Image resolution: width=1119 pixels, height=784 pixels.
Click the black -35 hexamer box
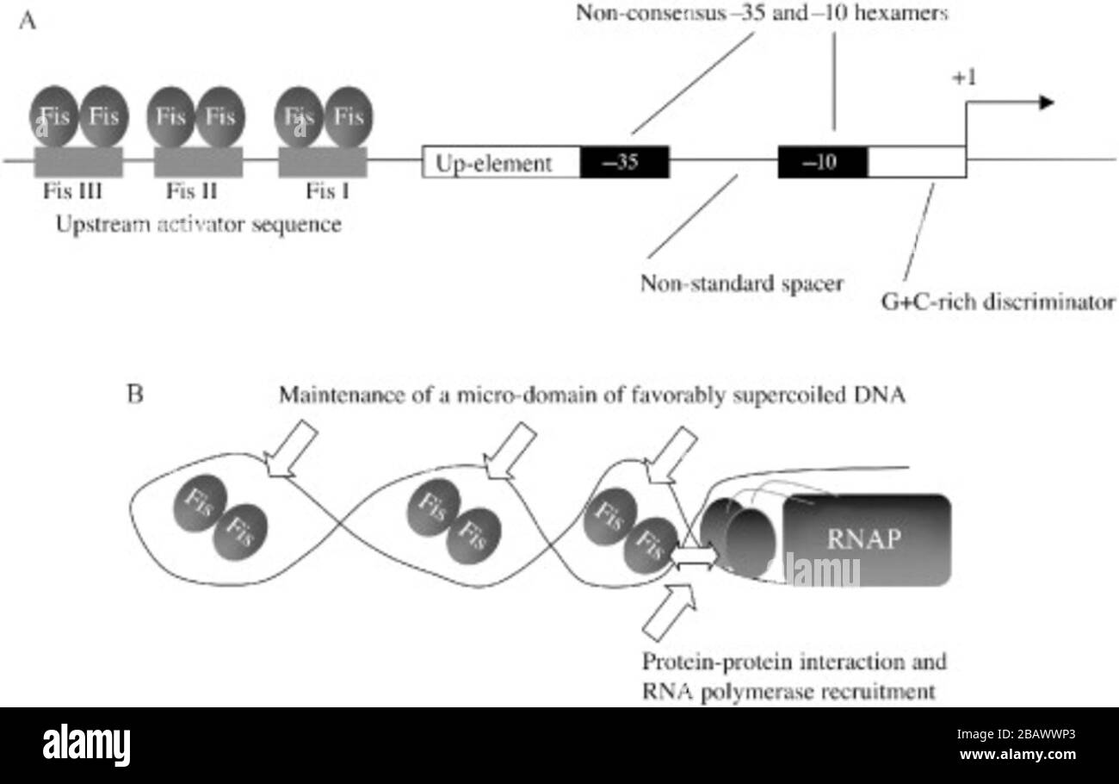(x=624, y=162)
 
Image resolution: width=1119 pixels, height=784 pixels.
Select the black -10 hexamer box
(x=823, y=162)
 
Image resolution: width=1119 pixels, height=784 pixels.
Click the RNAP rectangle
(x=865, y=539)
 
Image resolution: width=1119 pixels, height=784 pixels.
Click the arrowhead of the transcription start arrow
(x=1046, y=103)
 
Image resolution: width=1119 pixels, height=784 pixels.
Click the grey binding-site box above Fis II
(x=198, y=162)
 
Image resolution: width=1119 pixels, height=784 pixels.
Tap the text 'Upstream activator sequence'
(x=198, y=225)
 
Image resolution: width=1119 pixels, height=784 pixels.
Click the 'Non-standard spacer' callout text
(x=741, y=283)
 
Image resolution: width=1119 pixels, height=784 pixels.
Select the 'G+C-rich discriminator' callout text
(x=998, y=303)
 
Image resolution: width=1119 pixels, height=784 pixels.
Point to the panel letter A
(x=28, y=22)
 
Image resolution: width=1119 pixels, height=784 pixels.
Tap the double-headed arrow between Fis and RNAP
(x=693, y=558)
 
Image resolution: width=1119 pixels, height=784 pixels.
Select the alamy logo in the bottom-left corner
(x=86, y=745)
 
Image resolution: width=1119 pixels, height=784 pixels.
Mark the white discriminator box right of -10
(x=917, y=162)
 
